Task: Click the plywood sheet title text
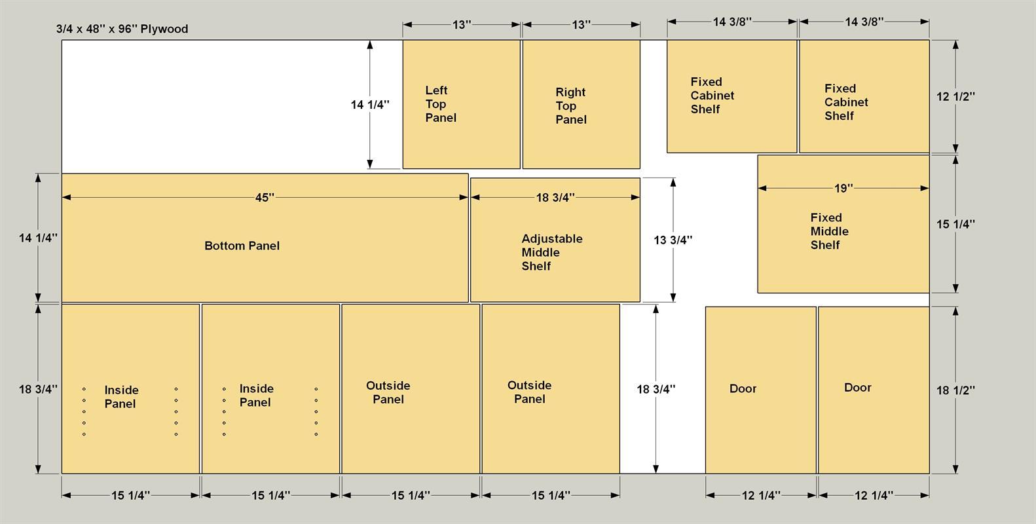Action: (122, 29)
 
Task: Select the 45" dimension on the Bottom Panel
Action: (265, 198)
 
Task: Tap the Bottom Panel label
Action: (242, 246)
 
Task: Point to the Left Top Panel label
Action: (441, 104)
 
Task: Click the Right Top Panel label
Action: (571, 106)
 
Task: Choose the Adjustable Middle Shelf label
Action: (552, 253)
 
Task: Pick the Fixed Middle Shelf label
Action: (829, 231)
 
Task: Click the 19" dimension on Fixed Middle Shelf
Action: (843, 188)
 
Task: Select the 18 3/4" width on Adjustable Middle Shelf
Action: (555, 198)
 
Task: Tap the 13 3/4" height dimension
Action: (673, 240)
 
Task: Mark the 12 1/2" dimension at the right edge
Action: (955, 97)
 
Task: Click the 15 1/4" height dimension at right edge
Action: (955, 224)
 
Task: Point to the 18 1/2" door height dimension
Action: (955, 390)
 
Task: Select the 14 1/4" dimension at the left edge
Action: (38, 238)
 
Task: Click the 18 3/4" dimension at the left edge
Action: (38, 390)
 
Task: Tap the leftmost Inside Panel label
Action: (121, 397)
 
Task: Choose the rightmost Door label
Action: (857, 388)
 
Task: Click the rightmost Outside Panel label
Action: (530, 392)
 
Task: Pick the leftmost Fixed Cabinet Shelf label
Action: (712, 96)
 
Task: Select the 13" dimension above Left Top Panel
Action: (461, 24)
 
